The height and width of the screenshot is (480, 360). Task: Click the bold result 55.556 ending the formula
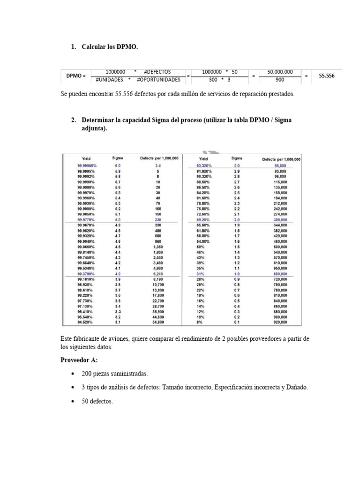(x=327, y=75)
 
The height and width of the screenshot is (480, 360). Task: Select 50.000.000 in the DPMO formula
(x=280, y=72)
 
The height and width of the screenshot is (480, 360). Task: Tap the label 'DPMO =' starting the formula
(x=76, y=75)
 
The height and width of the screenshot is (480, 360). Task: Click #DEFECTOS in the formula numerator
(x=157, y=72)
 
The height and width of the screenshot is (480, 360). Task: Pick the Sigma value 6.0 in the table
(x=118, y=166)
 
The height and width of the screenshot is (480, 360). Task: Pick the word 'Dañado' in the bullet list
(x=297, y=388)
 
